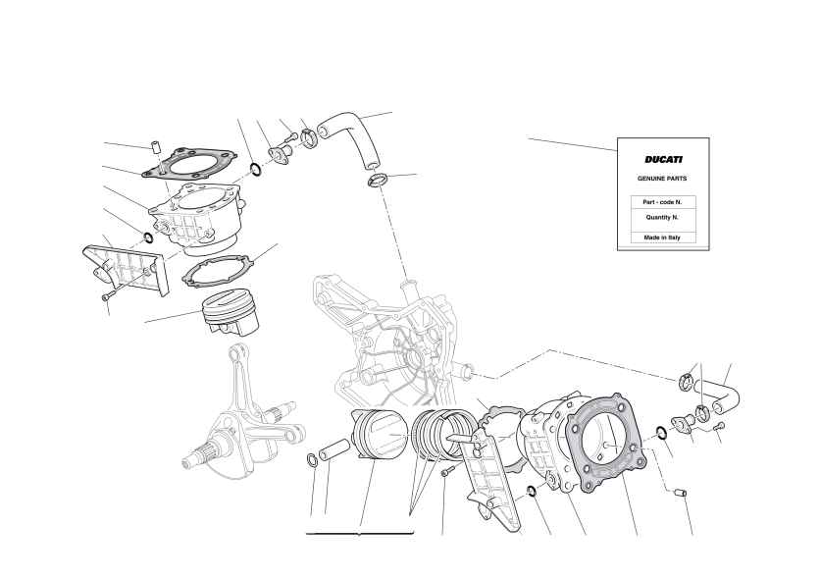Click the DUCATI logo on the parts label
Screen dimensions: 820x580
click(663, 160)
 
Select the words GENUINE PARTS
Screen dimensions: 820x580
click(662, 179)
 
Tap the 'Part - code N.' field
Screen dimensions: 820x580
click(662, 202)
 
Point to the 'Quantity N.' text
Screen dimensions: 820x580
click(662, 217)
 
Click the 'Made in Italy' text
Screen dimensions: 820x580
click(662, 237)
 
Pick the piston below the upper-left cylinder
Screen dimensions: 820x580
click(231, 312)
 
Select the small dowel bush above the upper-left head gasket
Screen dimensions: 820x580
click(155, 145)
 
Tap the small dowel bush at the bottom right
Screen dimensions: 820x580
click(680, 492)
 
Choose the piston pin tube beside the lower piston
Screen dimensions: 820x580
click(333, 449)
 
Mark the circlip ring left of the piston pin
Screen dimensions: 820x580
click(311, 459)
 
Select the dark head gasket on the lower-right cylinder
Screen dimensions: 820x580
click(607, 443)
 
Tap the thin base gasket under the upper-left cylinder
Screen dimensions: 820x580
click(218, 271)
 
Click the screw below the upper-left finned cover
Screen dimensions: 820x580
click(106, 296)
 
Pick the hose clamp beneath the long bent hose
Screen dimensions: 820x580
click(378, 182)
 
